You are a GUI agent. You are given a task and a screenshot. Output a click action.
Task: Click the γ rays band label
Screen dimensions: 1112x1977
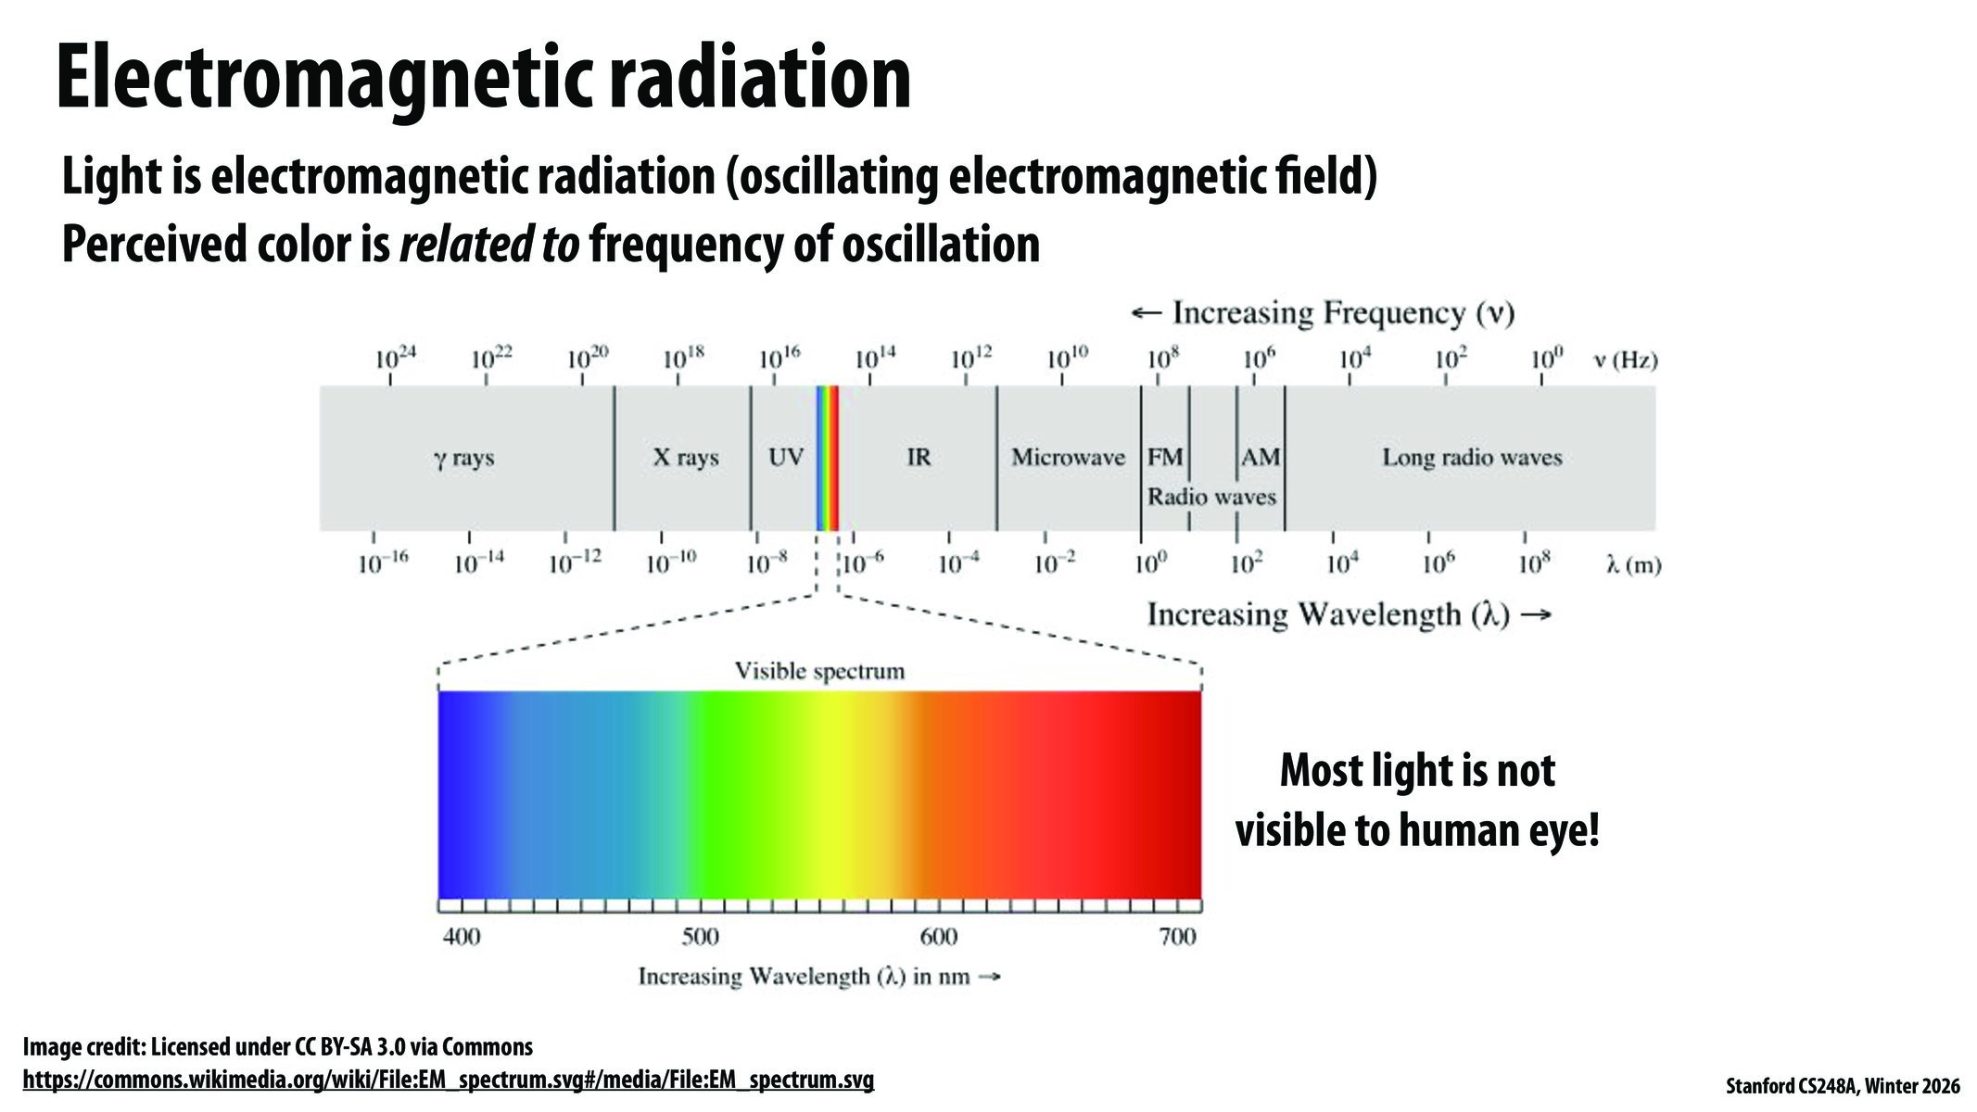[463, 458]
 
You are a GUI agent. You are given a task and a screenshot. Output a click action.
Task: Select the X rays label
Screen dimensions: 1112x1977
[686, 457]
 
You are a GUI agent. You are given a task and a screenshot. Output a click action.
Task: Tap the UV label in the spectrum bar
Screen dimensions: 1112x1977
[786, 457]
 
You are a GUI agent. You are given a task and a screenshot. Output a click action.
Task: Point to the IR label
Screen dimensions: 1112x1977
[919, 457]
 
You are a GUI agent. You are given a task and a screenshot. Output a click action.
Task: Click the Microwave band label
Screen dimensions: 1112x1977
[1068, 457]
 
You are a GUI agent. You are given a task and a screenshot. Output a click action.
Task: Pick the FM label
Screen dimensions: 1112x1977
[1165, 457]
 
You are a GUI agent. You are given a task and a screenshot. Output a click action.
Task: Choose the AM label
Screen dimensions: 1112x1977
[1261, 457]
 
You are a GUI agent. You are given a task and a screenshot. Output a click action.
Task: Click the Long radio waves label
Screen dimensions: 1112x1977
[1472, 457]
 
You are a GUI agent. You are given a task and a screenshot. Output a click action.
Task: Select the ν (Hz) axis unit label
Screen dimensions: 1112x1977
[1626, 360]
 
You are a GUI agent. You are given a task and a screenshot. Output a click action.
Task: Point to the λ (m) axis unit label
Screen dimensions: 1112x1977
[1633, 564]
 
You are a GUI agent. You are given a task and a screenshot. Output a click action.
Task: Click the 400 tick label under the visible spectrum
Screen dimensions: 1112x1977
[462, 937]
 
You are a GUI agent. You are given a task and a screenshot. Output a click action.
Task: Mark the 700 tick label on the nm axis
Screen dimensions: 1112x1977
[1177, 937]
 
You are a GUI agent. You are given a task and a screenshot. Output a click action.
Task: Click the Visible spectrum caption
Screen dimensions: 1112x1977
[819, 671]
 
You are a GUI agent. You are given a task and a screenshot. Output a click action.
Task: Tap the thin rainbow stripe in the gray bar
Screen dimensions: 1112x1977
[827, 458]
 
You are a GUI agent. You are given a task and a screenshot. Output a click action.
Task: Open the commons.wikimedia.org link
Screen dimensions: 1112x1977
[448, 1080]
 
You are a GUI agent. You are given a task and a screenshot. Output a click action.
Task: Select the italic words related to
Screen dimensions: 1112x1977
[488, 245]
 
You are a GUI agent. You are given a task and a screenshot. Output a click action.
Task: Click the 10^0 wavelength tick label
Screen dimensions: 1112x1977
[1150, 562]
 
